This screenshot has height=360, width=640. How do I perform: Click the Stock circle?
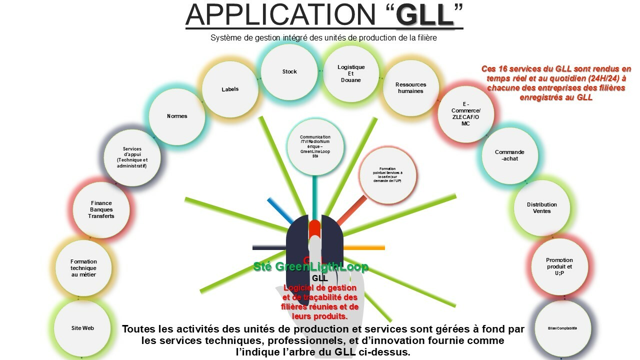[289, 72]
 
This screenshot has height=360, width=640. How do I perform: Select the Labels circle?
[230, 89]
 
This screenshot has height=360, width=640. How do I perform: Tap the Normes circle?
[177, 116]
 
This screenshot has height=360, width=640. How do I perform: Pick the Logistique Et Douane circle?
[351, 73]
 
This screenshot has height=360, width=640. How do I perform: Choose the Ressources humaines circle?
[410, 88]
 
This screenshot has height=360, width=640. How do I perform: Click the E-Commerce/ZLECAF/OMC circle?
[465, 114]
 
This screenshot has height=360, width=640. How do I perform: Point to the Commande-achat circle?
[509, 155]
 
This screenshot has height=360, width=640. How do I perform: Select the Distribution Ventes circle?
[541, 208]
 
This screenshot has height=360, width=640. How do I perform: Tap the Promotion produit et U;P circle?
[559, 266]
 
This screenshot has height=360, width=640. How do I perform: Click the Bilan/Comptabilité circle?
[562, 328]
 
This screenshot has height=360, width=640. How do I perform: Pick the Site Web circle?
[82, 328]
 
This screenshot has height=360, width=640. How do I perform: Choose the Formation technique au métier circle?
[83, 268]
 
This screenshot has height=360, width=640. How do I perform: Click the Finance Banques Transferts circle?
[101, 209]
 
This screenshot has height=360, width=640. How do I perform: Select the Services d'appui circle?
[132, 157]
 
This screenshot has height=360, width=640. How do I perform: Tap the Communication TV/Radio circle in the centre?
[315, 146]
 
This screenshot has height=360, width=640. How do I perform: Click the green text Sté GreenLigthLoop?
[310, 267]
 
